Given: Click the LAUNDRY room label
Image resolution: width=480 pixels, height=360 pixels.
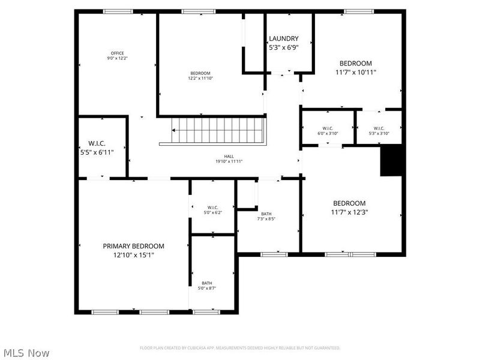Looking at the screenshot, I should [283, 38].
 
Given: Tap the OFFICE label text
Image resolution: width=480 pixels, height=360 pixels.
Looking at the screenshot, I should [117, 53].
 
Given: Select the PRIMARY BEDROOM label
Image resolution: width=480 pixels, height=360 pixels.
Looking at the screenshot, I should [133, 246].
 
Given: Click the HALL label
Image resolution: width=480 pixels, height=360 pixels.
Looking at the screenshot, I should [229, 155].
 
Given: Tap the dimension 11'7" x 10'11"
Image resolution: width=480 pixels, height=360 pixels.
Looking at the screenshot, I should [356, 72].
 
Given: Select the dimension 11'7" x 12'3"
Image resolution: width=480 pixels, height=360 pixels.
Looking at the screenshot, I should [350, 212].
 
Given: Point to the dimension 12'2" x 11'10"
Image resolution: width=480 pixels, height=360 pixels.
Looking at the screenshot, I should [200, 78].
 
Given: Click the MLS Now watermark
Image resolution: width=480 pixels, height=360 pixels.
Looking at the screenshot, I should [26, 353].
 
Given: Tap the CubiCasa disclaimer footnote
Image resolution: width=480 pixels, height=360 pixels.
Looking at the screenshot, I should [240, 347].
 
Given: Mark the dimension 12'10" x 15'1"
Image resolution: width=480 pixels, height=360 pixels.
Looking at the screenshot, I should [133, 254].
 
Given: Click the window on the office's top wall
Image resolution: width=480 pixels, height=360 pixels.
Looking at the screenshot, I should [118, 11].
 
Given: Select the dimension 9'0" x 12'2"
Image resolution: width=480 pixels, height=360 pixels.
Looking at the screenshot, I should [117, 58].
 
